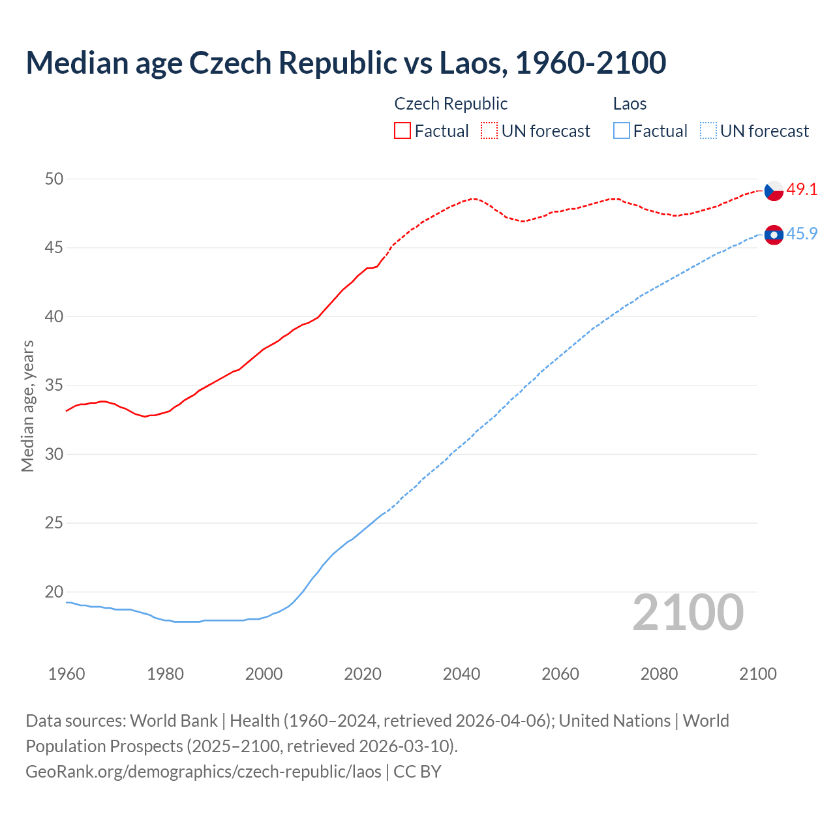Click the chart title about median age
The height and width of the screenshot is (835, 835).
click(x=346, y=63)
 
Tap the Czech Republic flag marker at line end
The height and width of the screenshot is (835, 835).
click(x=774, y=190)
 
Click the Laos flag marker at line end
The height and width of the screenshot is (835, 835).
click(x=774, y=235)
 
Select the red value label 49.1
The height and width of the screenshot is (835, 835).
click(x=802, y=190)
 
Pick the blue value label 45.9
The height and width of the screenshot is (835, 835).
click(x=802, y=234)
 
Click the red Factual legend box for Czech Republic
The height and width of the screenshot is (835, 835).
click(x=402, y=130)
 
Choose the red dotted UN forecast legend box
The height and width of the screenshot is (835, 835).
click(x=489, y=130)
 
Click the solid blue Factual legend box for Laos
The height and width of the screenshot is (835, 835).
click(x=622, y=130)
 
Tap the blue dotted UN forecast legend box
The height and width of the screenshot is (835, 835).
click(x=708, y=130)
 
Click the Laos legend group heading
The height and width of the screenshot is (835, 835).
click(x=630, y=104)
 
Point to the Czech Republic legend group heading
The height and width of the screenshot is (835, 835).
click(x=451, y=104)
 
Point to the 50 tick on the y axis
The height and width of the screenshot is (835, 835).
click(x=54, y=179)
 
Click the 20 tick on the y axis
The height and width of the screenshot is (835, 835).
click(x=54, y=592)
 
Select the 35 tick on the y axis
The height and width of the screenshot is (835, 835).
click(x=54, y=386)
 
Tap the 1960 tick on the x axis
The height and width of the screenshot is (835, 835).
click(x=67, y=674)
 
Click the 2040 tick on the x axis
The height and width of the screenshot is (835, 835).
click(x=461, y=674)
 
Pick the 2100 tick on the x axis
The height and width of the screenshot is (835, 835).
click(x=757, y=674)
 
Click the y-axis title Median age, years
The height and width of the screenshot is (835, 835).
click(x=27, y=406)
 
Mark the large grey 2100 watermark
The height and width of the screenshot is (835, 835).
click(x=688, y=613)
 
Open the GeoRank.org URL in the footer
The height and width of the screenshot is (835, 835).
click(x=204, y=772)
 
